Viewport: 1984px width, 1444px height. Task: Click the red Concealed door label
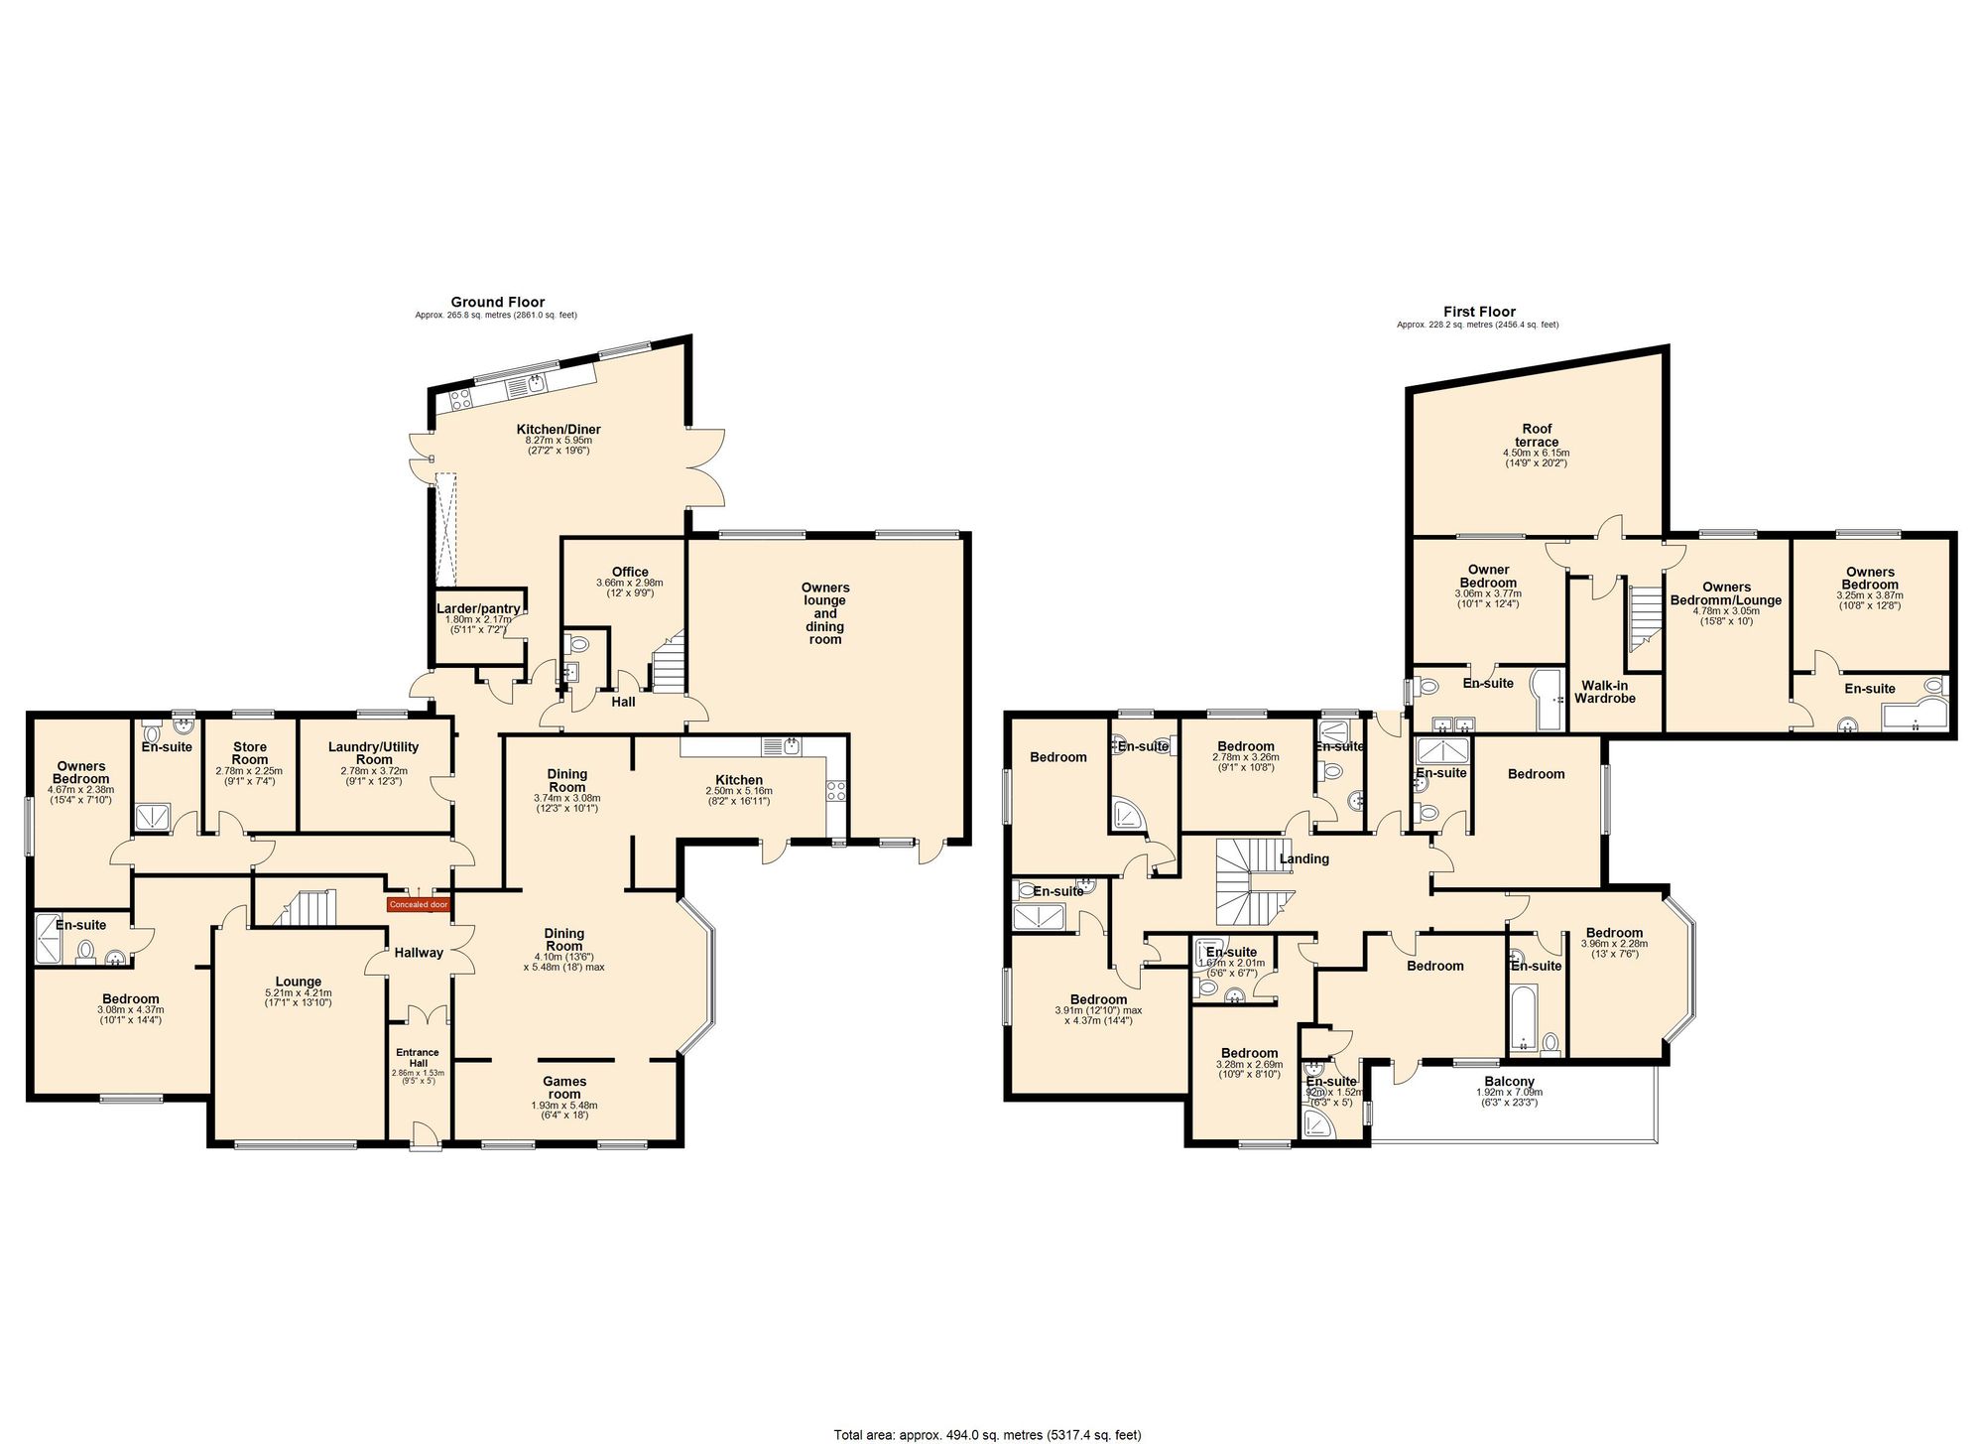pyautogui.click(x=419, y=905)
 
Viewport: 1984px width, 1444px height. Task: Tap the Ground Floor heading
pyautogui.click(x=498, y=303)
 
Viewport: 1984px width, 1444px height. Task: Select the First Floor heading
pyautogui.click(x=1479, y=312)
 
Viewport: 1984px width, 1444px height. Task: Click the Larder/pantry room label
pyautogui.click(x=479, y=608)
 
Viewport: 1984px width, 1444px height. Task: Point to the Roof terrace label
pyautogui.click(x=1537, y=436)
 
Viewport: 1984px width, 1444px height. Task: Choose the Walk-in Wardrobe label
pyautogui.click(x=1608, y=692)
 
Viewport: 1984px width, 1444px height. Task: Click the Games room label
pyautogui.click(x=564, y=1088)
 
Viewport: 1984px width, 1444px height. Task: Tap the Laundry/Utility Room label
pyautogui.click(x=374, y=753)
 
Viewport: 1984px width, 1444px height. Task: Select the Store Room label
pyautogui.click(x=250, y=753)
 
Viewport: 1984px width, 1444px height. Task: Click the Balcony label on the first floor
pyautogui.click(x=1510, y=1082)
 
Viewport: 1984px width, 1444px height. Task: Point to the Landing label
pyautogui.click(x=1303, y=859)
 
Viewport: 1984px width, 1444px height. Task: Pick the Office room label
pyautogui.click(x=630, y=572)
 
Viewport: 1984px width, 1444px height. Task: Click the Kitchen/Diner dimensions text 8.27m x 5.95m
pyautogui.click(x=558, y=441)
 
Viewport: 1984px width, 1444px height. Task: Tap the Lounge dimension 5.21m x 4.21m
pyautogui.click(x=299, y=993)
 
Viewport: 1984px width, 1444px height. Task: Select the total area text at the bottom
pyautogui.click(x=988, y=1435)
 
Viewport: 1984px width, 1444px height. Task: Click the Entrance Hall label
pyautogui.click(x=418, y=1058)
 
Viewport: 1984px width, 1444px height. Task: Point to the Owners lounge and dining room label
pyautogui.click(x=825, y=613)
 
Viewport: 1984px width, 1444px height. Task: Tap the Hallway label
pyautogui.click(x=419, y=953)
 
